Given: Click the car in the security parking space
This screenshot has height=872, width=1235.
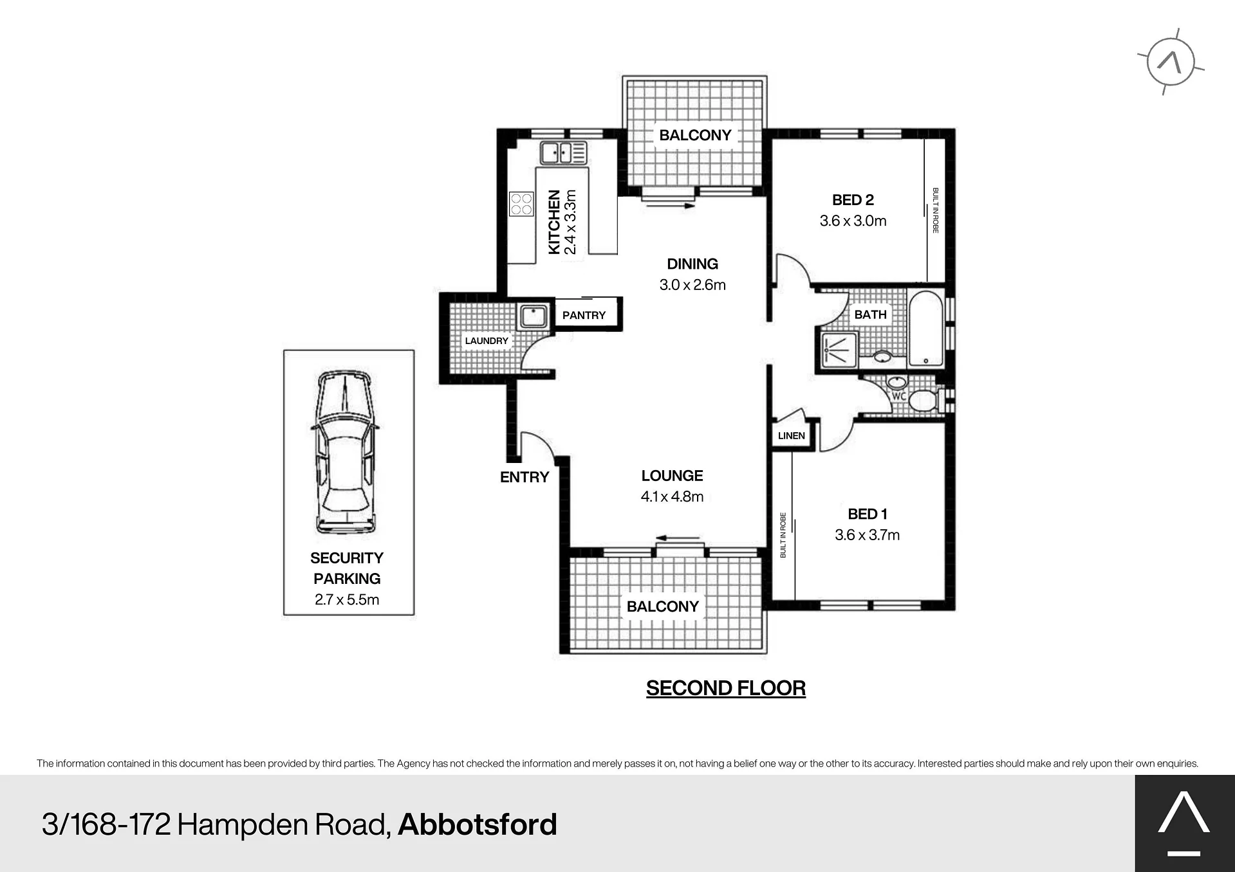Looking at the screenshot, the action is point(344,452).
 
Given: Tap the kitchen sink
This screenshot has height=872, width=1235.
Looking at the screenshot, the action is point(564,153).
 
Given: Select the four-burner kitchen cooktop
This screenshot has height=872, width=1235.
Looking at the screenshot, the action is point(522,204).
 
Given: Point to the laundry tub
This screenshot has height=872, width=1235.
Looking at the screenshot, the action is point(534,316).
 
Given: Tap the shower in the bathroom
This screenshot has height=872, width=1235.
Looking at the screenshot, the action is point(840,350).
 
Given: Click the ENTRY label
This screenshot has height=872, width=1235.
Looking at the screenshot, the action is point(525,477).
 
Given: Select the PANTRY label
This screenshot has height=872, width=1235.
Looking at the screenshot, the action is point(584,315).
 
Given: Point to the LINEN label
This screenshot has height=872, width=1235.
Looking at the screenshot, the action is point(791,435).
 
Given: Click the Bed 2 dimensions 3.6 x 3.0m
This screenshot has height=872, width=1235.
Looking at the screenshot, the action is point(853,221).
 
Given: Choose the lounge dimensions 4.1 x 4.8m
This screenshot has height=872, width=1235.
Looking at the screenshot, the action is point(672,496).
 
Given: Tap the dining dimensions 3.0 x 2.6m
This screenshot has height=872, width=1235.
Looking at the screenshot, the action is point(692,284).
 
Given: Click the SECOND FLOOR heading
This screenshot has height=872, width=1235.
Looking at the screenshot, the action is point(726,688).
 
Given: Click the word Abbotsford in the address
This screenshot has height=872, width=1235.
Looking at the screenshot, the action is point(478,824).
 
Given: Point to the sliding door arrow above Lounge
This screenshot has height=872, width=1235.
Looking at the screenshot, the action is point(678,538).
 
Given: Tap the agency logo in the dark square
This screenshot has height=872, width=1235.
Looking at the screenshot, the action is point(1184,823).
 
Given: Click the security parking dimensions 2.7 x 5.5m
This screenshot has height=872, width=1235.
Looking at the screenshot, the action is point(347,599).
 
